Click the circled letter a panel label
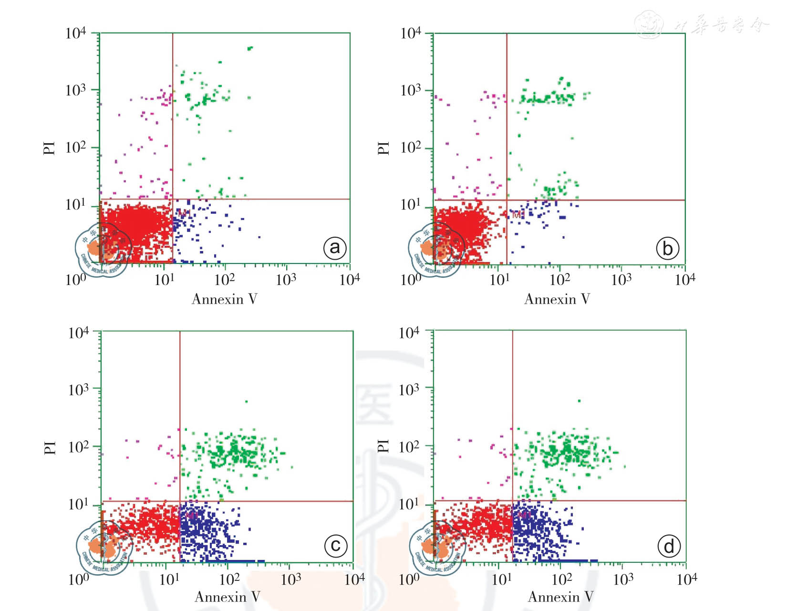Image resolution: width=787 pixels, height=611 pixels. tap(335, 248)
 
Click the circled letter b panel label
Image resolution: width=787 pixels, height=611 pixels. tap(667, 248)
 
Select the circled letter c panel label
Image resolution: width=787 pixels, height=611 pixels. tap(336, 545)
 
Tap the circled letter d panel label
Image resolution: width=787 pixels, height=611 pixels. tap(669, 546)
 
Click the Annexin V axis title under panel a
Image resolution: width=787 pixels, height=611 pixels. tap(224, 299)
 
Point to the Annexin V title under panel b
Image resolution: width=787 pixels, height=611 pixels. tap(557, 299)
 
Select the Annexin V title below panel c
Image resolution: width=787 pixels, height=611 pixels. tap(228, 597)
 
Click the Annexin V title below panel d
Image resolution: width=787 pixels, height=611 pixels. tap(560, 597)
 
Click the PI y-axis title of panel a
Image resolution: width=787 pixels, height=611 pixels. tap(49, 148)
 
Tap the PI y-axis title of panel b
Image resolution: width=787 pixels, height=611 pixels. tap(383, 148)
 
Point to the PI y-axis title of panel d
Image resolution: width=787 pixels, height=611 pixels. tap(383, 446)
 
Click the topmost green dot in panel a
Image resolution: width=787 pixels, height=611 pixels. tap(250, 48)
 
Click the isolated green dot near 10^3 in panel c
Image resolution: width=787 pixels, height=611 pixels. tap(246, 401)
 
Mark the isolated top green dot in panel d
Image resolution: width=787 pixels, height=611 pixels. tap(579, 401)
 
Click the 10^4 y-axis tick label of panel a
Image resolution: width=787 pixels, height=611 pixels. tap(75, 33)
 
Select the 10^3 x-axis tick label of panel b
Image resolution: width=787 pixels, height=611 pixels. tap(621, 279)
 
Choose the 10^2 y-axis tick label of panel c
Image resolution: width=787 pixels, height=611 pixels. tap(79, 447)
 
